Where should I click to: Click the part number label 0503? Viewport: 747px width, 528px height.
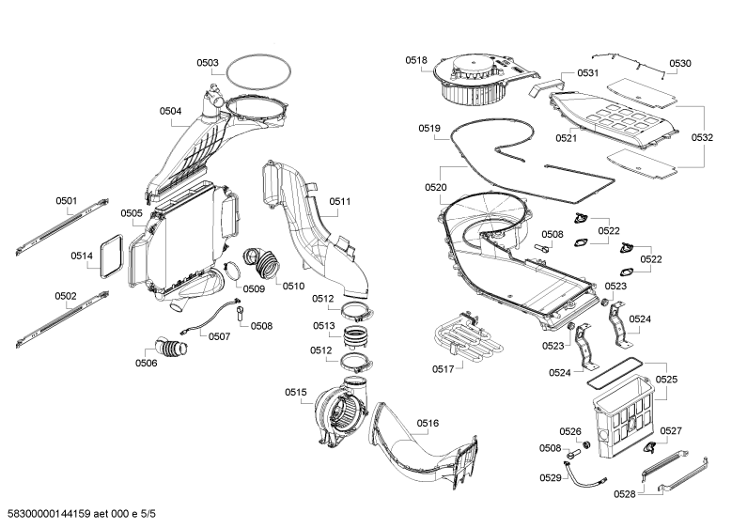click(208, 63)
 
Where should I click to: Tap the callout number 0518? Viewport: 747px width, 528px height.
click(416, 60)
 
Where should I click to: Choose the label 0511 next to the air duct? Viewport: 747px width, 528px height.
click(340, 202)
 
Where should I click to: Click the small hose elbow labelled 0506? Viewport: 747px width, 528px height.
click(171, 348)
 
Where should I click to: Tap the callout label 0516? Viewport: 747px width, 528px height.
click(428, 423)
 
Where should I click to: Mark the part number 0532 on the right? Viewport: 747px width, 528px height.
click(702, 138)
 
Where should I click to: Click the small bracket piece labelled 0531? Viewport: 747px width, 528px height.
click(546, 86)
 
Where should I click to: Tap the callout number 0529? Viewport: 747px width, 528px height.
click(551, 478)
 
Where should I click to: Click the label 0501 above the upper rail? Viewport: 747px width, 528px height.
click(66, 201)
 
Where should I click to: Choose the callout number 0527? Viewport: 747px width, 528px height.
click(671, 431)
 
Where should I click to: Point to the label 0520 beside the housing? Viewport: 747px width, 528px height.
click(436, 187)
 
